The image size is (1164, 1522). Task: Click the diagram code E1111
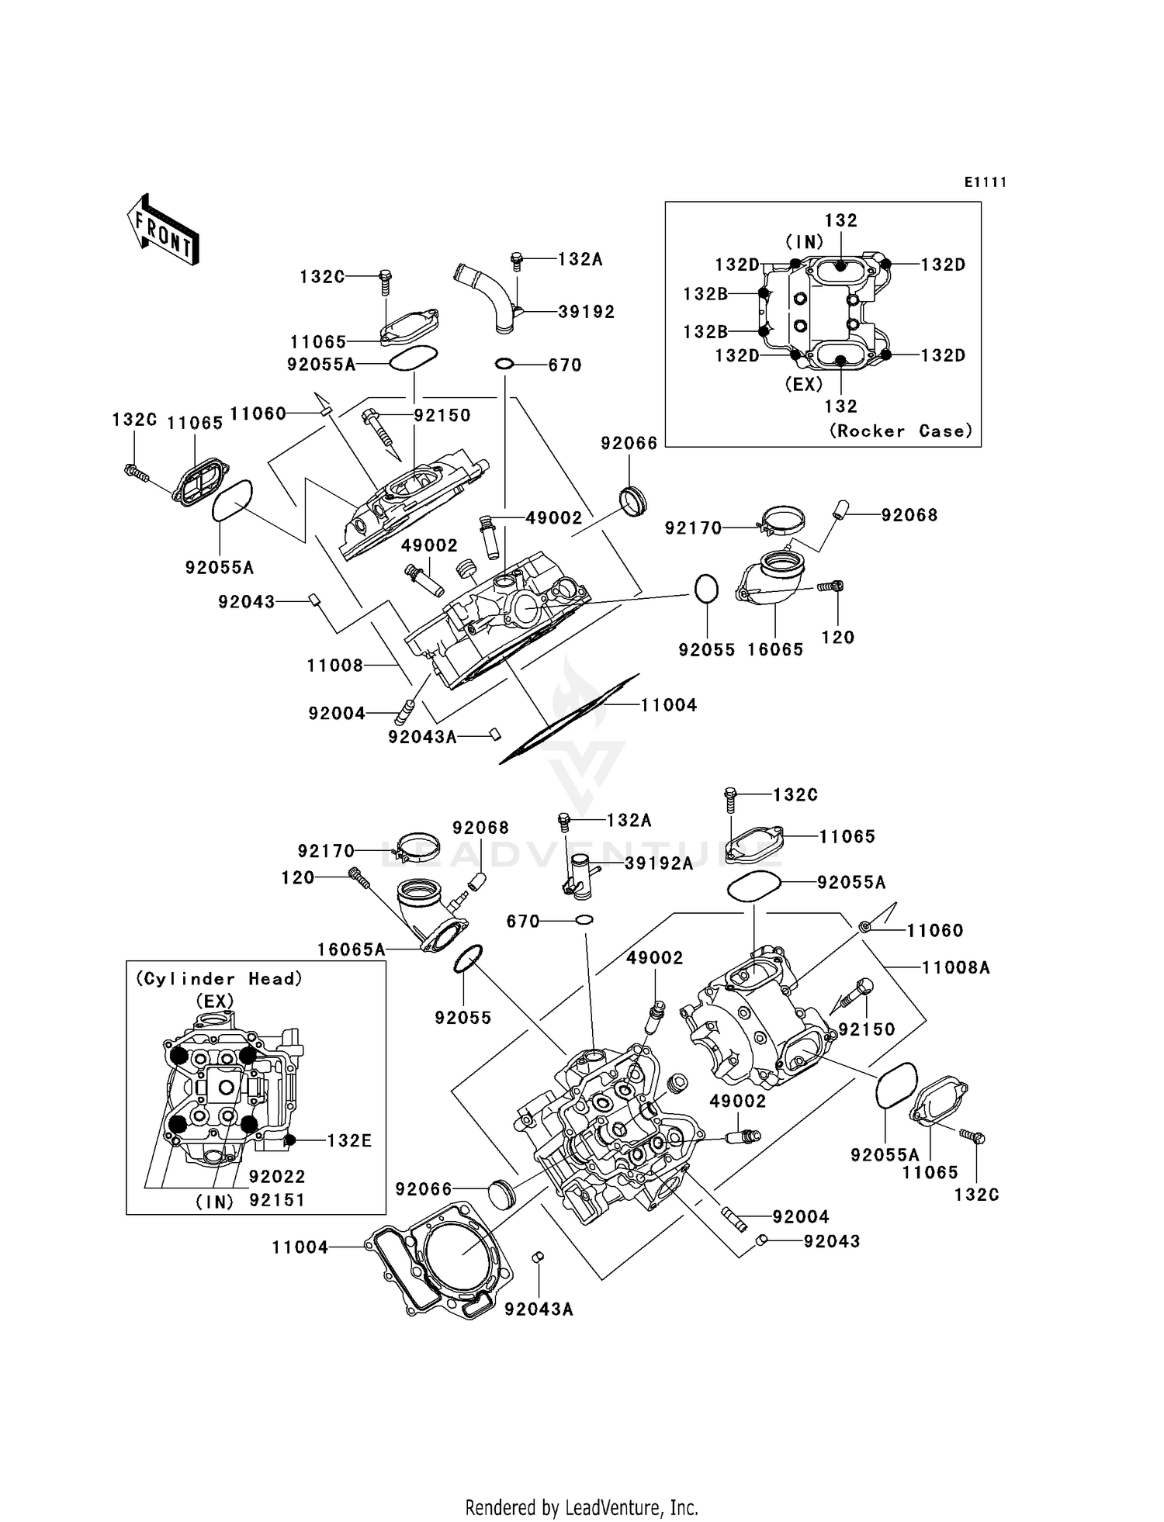(985, 182)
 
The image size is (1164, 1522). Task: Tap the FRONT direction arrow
(163, 230)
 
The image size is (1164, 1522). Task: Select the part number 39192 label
(587, 312)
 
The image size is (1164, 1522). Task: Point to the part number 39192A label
(659, 863)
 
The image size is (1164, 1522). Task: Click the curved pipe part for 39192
(485, 299)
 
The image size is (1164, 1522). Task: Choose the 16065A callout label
(351, 950)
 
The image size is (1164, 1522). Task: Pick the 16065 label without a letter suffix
(775, 650)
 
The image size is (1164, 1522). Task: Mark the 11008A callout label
(956, 967)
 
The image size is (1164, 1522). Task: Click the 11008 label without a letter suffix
(334, 666)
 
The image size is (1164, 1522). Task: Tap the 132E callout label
(349, 1140)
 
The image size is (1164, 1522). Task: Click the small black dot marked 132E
(289, 1140)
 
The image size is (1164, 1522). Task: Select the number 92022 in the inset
(277, 1177)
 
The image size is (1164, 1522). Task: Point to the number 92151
(277, 1200)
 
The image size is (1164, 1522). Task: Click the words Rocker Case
(901, 431)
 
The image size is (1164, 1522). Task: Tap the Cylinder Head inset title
(219, 979)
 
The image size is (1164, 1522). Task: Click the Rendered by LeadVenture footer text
(581, 1507)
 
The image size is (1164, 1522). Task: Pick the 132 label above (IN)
(841, 220)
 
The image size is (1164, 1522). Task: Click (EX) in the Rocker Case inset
(803, 384)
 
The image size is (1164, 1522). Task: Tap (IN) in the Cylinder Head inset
(214, 1202)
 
